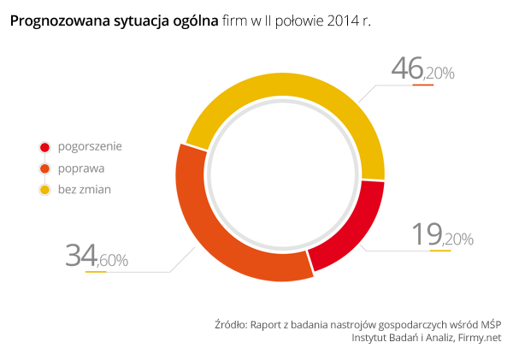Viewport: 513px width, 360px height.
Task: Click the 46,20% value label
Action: coord(422,70)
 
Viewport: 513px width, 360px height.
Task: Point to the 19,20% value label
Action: coord(442,236)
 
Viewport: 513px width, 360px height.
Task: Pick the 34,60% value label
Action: coord(97,256)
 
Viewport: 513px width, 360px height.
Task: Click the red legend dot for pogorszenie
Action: coord(44,147)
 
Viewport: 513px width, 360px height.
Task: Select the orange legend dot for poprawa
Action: coord(44,168)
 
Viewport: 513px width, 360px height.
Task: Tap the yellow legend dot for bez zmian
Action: coord(44,190)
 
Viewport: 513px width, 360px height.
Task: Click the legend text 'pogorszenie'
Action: coord(90,147)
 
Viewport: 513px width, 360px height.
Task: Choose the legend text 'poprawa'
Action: coord(81,168)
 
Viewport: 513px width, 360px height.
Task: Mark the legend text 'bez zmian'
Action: coord(85,190)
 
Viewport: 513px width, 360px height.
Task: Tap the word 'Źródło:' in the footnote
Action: coord(230,325)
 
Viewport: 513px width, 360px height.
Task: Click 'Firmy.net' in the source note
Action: coord(480,339)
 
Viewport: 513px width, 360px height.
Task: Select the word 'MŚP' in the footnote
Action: coord(491,325)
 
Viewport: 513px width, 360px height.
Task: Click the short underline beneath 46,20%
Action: coord(423,84)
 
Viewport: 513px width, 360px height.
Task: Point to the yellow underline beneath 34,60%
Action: coord(96,272)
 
